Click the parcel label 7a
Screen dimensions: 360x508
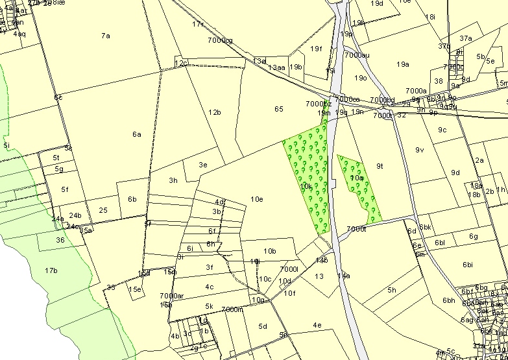tap(106, 36)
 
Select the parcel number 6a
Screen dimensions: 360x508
tap(136, 134)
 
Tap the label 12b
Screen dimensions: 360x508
tap(215, 112)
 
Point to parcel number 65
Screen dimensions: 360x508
tap(279, 109)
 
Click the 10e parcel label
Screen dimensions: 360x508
tap(256, 199)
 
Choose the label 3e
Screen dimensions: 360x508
tap(202, 165)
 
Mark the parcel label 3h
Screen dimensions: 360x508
tap(173, 180)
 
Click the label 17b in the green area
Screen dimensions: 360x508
tap(51, 270)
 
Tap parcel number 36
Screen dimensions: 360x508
tap(60, 240)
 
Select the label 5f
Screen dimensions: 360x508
tap(65, 189)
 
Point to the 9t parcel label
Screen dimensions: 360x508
tap(380, 166)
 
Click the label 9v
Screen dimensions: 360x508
tap(419, 150)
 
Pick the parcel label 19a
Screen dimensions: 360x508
tap(404, 64)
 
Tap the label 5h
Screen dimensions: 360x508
tap(391, 290)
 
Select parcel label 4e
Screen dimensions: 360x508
tap(317, 325)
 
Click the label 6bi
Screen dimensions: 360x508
tap(469, 265)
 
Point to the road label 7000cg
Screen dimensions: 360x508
tap(220, 41)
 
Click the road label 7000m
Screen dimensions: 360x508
tap(232, 309)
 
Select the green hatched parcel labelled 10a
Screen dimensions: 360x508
tap(356, 178)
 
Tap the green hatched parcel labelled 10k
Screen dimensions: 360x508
tap(307, 186)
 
